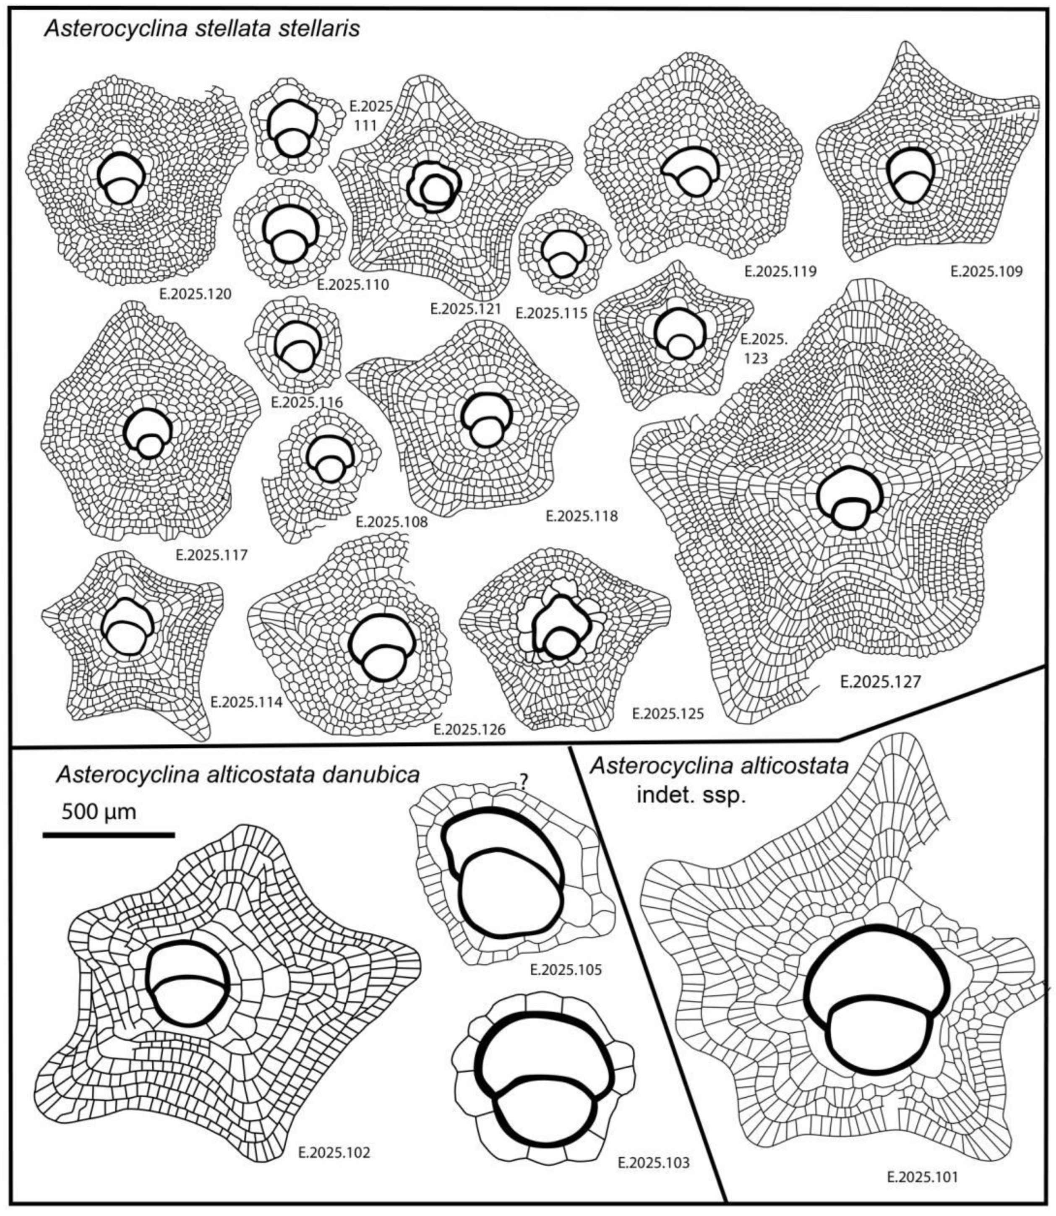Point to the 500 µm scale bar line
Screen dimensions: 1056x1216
pos(109,834)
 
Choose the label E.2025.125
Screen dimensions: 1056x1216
pos(667,713)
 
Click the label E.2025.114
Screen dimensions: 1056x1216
pos(246,702)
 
